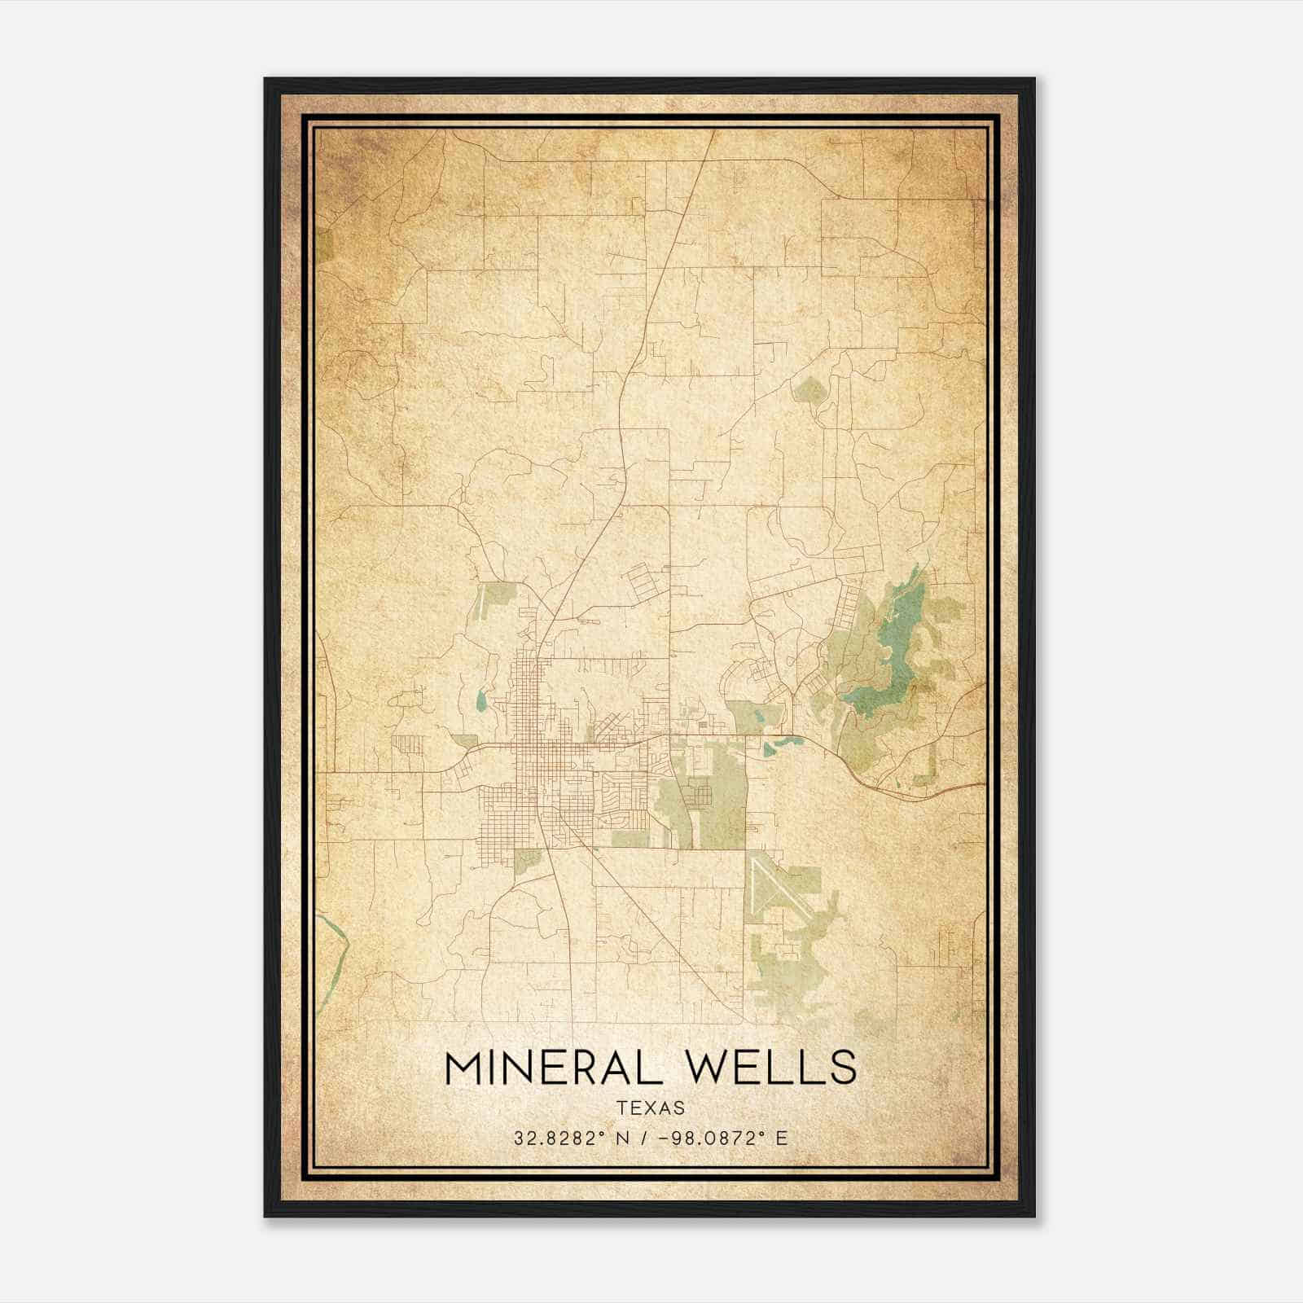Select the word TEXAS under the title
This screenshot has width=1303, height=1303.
coord(651,1108)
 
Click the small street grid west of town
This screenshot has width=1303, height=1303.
coord(408,744)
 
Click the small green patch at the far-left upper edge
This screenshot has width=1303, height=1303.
coord(324,244)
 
